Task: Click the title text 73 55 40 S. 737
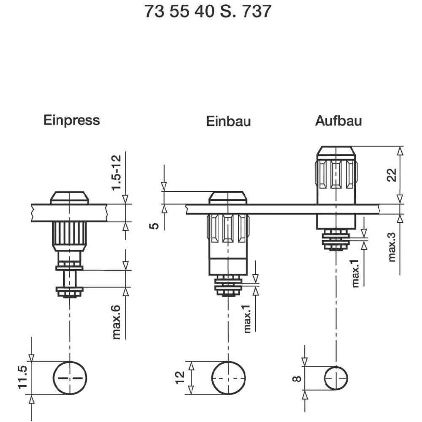coord(208,11)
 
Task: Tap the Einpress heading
coord(72,120)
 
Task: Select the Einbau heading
coord(228,121)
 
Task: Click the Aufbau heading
coord(338,121)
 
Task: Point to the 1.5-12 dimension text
coord(117,173)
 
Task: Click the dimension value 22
coord(392,174)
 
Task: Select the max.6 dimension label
coord(117,322)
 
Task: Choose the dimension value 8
coord(297,378)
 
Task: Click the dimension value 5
coord(155,226)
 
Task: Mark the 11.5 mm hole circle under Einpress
coord(70,378)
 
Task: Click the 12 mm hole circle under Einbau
coord(228,378)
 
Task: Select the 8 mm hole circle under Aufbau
coord(336,378)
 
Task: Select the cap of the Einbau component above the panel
coord(228,197)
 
